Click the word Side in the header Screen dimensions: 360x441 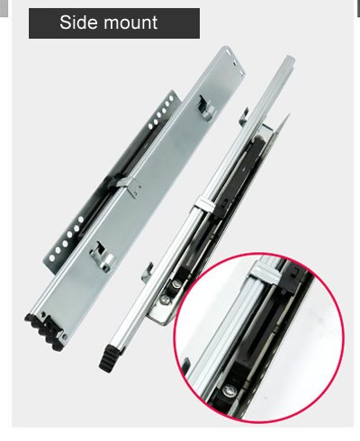point(77,22)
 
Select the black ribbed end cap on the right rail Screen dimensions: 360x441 point(110,358)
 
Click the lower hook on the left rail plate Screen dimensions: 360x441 point(103,256)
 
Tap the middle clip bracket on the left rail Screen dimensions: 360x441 point(130,186)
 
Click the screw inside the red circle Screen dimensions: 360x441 point(229,391)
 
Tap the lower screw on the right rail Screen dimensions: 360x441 point(166,299)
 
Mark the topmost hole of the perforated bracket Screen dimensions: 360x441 point(171,98)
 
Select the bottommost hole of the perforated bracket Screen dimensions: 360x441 point(52,257)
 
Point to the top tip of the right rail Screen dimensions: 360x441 point(290,58)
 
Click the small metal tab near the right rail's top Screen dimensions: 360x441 point(244,116)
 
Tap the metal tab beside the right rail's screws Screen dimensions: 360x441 point(147,272)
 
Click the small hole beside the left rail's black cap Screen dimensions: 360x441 point(65,337)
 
